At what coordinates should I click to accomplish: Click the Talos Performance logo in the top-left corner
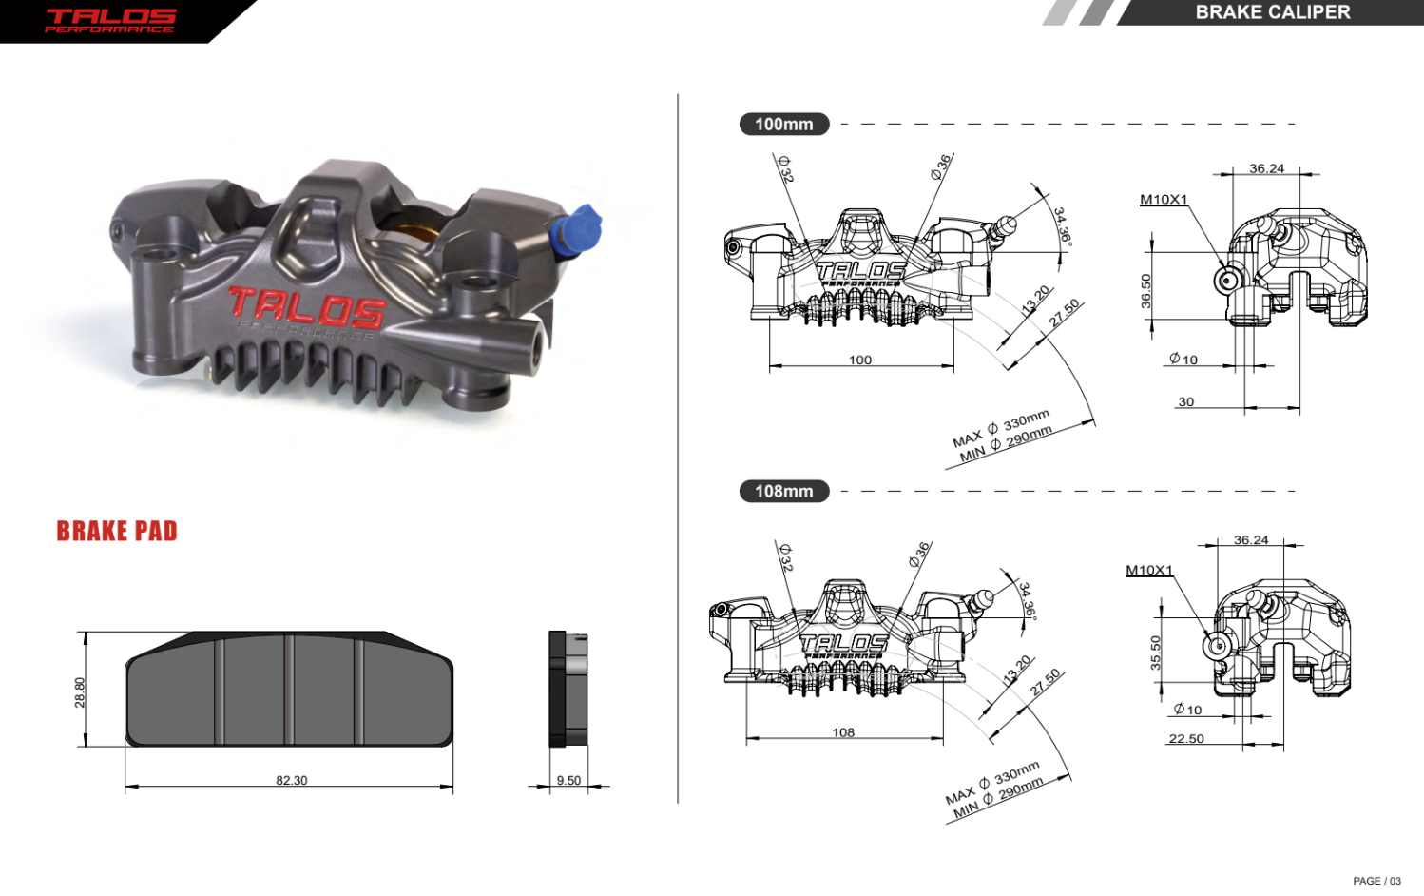(110, 20)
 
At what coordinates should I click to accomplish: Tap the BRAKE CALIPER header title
(1272, 12)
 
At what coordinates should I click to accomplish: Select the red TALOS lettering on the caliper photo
(306, 307)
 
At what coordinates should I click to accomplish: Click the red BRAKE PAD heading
(117, 531)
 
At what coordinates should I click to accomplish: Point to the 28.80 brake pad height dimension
(80, 691)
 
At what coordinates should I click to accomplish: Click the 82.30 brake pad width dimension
(291, 780)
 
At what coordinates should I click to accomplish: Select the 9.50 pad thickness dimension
(568, 780)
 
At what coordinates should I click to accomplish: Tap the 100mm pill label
(783, 124)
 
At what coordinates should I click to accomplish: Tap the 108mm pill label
(783, 491)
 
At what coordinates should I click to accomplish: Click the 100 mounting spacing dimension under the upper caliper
(859, 360)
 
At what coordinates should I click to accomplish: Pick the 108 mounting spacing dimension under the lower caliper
(843, 732)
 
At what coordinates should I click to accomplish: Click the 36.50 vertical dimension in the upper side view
(1145, 291)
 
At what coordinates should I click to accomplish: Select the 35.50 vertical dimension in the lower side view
(1156, 653)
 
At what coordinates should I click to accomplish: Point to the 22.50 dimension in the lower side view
(1186, 738)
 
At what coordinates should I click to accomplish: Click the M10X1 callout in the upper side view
(1164, 199)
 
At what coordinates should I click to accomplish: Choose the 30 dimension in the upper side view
(1185, 401)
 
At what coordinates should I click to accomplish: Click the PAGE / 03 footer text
(1376, 881)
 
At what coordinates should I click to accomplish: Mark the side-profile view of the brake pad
(568, 690)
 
